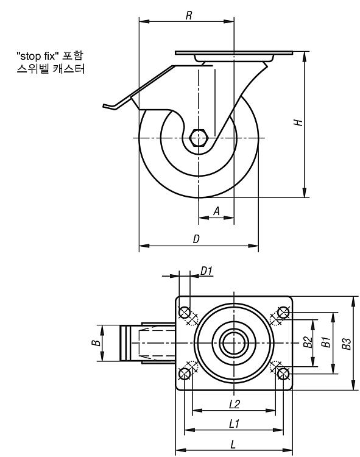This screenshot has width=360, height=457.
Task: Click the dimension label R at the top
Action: (189, 15)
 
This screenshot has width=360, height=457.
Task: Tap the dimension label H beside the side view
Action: (298, 122)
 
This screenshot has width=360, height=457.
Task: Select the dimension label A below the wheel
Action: (216, 211)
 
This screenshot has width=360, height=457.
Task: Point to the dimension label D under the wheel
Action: (196, 239)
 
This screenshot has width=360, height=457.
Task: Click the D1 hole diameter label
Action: (206, 271)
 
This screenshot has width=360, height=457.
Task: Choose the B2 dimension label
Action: (308, 342)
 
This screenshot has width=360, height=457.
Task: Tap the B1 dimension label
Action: (326, 342)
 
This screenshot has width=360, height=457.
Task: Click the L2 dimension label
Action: (235, 404)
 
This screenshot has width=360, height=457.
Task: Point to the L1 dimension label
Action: (235, 423)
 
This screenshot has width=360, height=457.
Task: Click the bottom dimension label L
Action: (233, 445)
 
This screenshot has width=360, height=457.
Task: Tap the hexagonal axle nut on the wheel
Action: (199, 138)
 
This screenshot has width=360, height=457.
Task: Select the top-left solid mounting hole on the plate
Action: (185, 313)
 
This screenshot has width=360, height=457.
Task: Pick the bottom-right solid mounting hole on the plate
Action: (283, 374)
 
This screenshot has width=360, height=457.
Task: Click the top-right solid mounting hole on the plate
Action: (283, 313)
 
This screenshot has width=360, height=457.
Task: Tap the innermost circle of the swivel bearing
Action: (234, 343)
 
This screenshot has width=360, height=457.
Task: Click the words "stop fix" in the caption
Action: (36, 55)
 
